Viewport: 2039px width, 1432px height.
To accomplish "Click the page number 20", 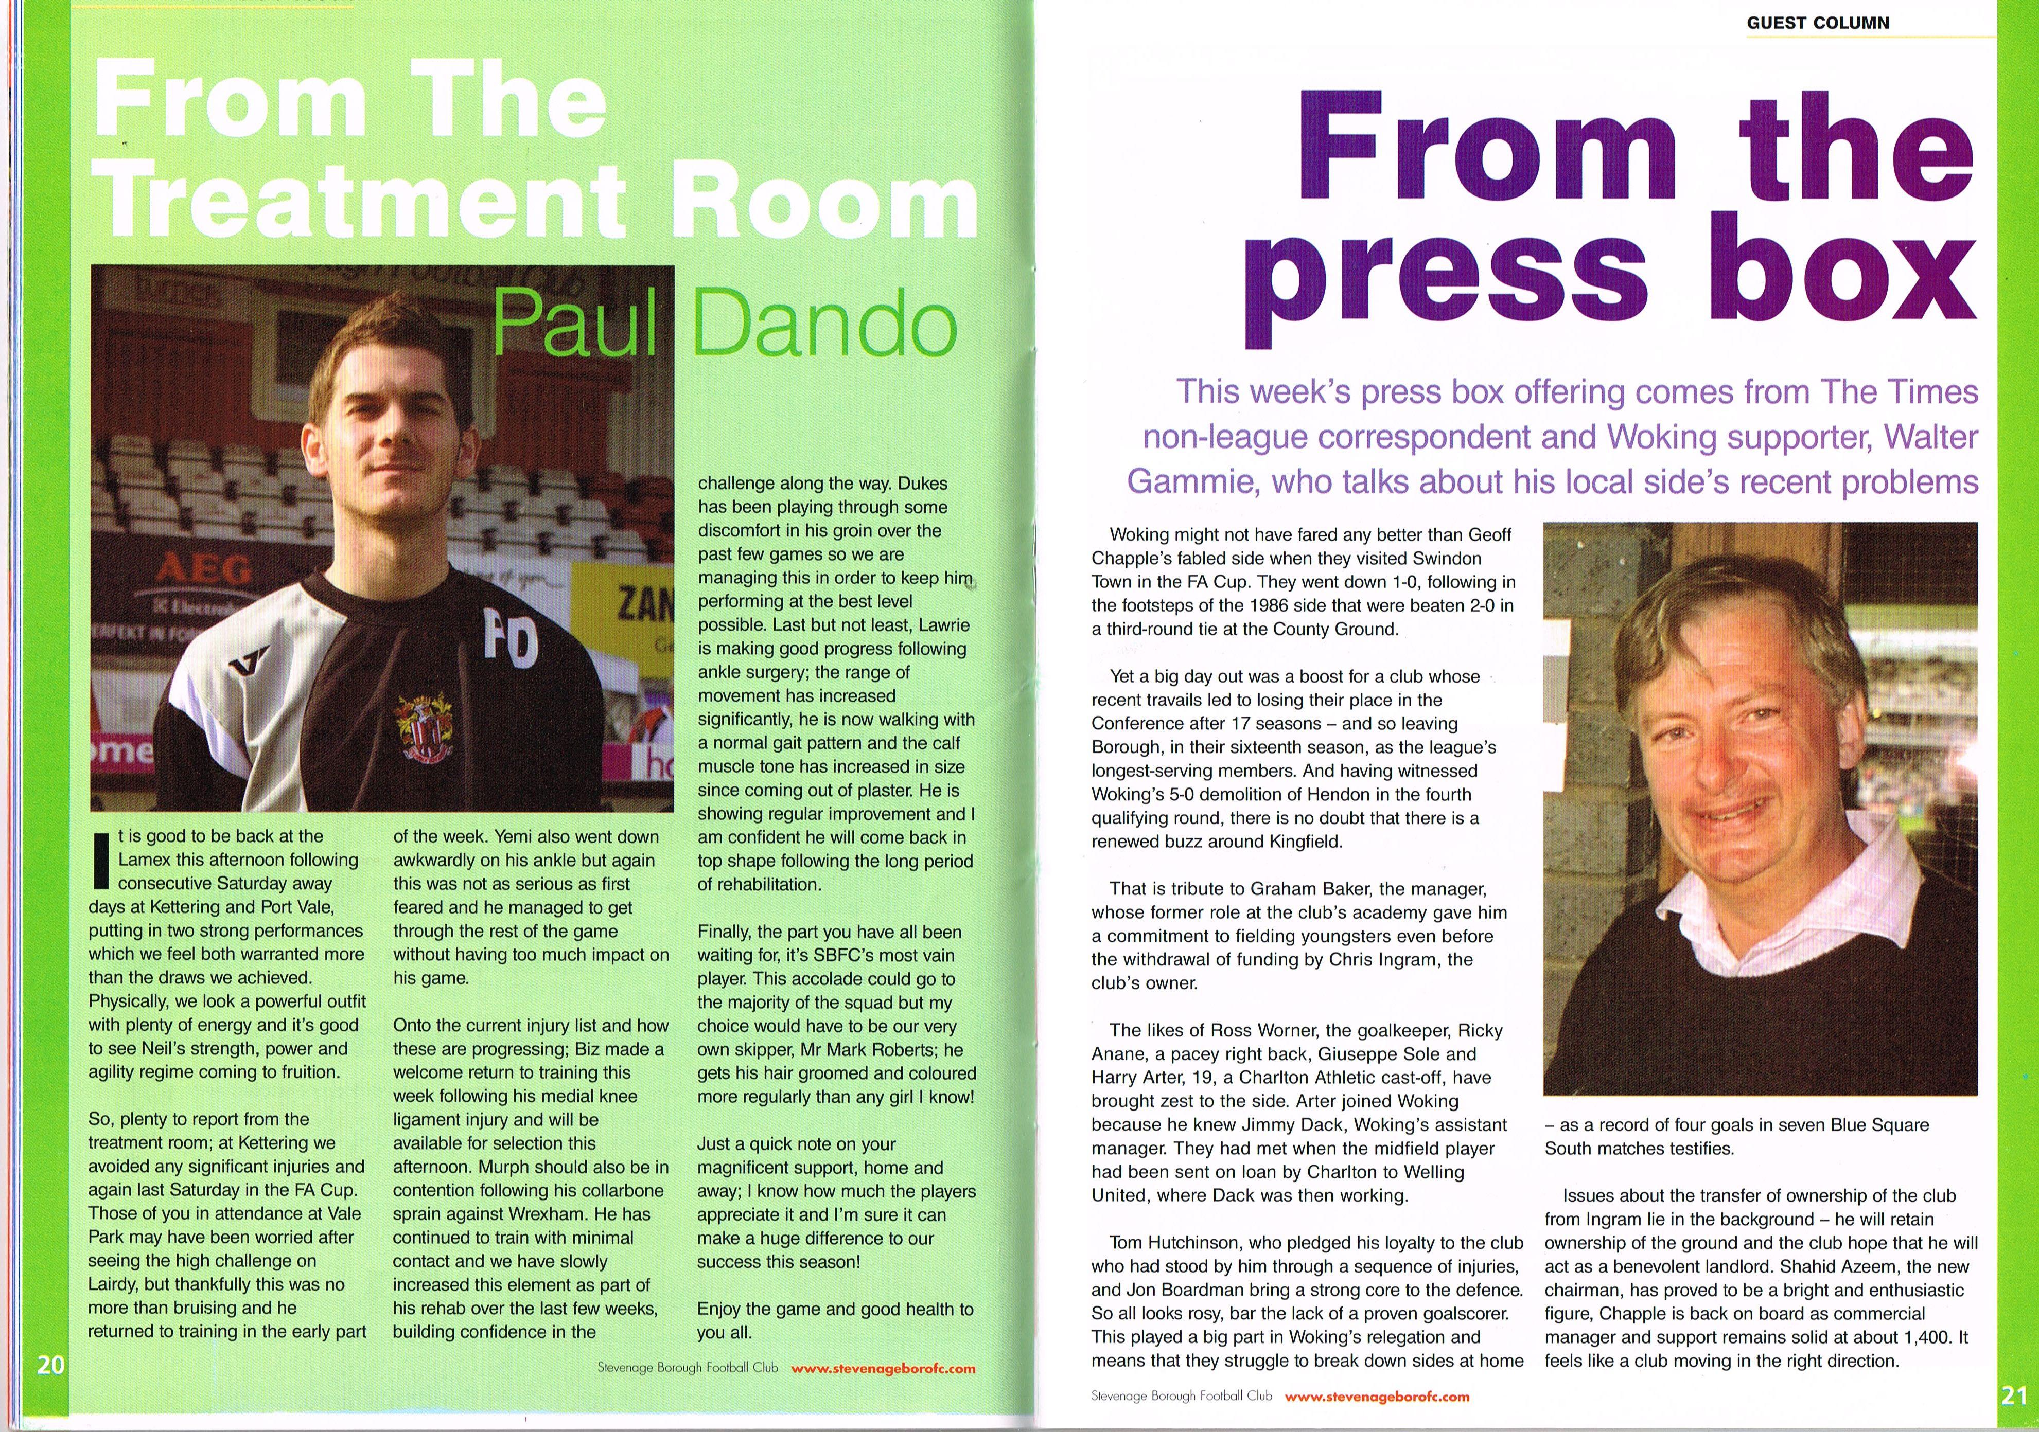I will (x=50, y=1365).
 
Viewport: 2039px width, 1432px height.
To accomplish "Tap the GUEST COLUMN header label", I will (x=1818, y=23).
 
